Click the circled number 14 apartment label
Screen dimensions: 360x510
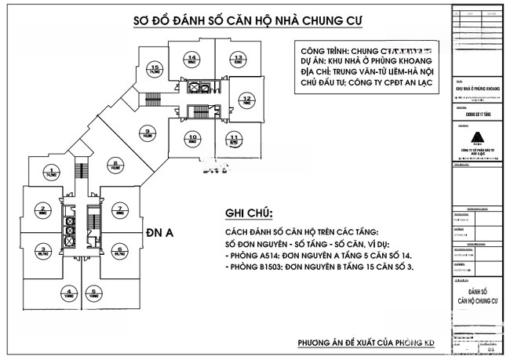point(192,58)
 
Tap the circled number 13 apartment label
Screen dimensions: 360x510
point(237,58)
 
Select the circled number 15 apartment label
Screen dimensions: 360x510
point(155,68)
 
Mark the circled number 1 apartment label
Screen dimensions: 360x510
point(52,171)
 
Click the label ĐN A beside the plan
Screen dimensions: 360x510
point(160,232)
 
